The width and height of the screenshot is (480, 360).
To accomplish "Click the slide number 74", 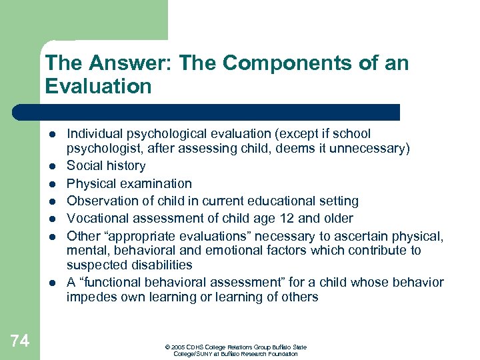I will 20,341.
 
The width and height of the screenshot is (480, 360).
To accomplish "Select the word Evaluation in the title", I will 98,87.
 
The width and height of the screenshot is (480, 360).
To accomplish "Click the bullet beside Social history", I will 52,166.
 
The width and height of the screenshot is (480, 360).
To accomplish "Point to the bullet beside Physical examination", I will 52,183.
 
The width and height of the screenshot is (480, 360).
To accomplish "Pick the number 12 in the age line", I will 271,218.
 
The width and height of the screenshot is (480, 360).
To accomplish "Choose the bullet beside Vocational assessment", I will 52,218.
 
